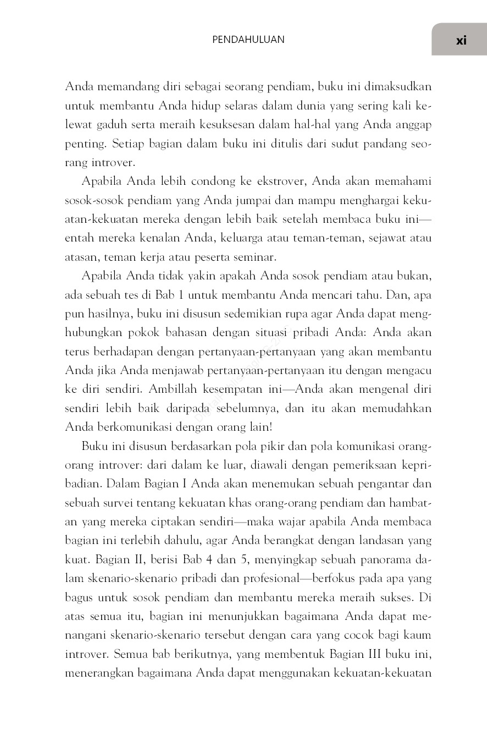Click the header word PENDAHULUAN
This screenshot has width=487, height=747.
(x=248, y=40)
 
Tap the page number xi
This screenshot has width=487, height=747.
(x=461, y=40)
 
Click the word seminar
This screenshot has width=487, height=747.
(x=257, y=257)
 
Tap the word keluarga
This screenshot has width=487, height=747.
(x=219, y=238)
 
